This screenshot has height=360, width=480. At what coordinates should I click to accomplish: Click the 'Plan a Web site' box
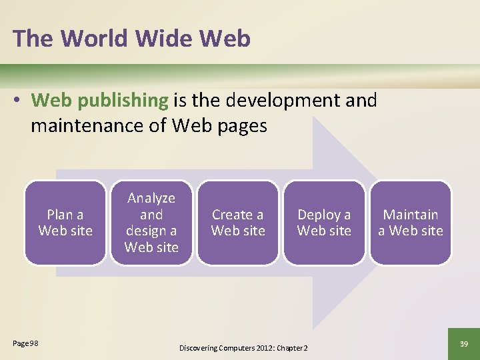[65, 223]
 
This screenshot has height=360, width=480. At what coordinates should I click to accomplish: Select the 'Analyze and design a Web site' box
[151, 223]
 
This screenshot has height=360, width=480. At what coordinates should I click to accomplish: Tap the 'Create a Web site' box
[238, 223]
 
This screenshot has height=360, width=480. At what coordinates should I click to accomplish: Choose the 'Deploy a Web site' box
[324, 223]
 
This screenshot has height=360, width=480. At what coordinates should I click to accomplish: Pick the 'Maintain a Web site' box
[411, 223]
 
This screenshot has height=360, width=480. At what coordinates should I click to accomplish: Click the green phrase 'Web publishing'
[99, 101]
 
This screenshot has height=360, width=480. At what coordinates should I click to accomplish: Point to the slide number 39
[464, 343]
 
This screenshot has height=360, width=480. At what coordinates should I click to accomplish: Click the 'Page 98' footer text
[25, 343]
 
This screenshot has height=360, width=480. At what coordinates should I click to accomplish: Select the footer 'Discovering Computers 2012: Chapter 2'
[243, 348]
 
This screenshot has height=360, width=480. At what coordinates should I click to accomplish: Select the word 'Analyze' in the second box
[151, 198]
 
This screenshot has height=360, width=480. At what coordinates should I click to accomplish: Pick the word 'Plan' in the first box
[59, 215]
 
